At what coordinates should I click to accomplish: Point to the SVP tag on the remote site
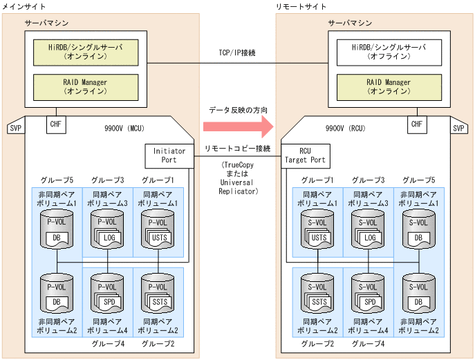tap(458, 128)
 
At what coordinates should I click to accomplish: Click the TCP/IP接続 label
tap(236, 53)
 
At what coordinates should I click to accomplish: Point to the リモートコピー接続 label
tap(237, 149)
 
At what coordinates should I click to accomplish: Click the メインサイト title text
tap(25, 6)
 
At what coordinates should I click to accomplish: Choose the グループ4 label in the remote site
tap(368, 343)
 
